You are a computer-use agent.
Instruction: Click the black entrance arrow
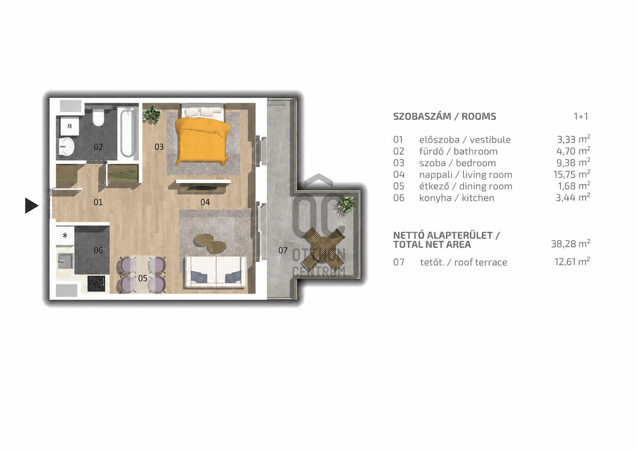[x=31, y=206]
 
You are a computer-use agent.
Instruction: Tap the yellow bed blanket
[x=203, y=141]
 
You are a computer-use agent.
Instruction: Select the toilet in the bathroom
[x=98, y=118]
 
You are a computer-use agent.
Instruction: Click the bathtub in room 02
[x=128, y=133]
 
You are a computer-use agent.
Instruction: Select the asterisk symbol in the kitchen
[x=65, y=236]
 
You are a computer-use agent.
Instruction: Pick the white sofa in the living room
[x=216, y=272]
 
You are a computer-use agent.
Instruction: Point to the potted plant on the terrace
[x=346, y=204]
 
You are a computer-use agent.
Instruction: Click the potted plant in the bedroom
[x=152, y=114]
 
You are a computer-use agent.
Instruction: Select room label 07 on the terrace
[x=283, y=251]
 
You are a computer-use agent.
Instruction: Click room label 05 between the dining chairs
[x=142, y=278]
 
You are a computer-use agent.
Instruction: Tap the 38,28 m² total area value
[x=570, y=244]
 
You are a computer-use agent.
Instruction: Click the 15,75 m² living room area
[x=572, y=174]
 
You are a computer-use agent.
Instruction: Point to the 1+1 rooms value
[x=581, y=116]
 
